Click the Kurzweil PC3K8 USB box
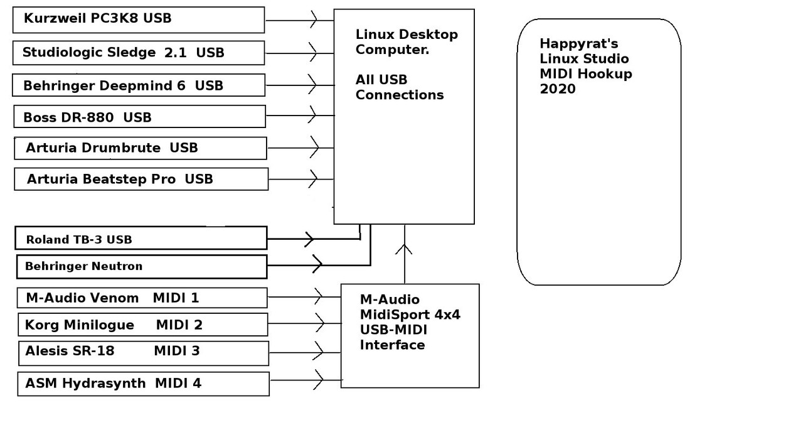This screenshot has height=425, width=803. click(138, 19)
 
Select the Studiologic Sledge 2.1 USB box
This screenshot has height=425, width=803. click(138, 53)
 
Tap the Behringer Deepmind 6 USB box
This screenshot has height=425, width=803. click(138, 85)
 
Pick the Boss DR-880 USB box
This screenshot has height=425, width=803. click(139, 117)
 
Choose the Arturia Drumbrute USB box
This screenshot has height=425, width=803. click(141, 148)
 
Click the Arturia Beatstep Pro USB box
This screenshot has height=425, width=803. click(141, 179)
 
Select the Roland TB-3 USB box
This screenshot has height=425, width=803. click(141, 239)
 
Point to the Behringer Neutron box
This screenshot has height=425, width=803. click(141, 266)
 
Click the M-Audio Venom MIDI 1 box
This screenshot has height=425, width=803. click(142, 298)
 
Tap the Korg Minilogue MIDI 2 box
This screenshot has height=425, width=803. click(142, 325)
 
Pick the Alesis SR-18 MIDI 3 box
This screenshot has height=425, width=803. click(143, 352)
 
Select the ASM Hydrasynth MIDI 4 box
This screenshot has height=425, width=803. click(143, 383)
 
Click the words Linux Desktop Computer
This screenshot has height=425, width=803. click(406, 42)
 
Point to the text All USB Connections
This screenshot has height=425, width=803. click(399, 87)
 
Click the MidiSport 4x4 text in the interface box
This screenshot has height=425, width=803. click(410, 315)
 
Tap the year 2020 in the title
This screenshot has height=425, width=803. click(557, 89)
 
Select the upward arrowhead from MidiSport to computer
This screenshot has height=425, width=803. click(405, 249)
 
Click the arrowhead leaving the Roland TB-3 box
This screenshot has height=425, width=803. click(309, 239)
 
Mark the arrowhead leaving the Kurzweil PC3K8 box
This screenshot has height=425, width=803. click(314, 20)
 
